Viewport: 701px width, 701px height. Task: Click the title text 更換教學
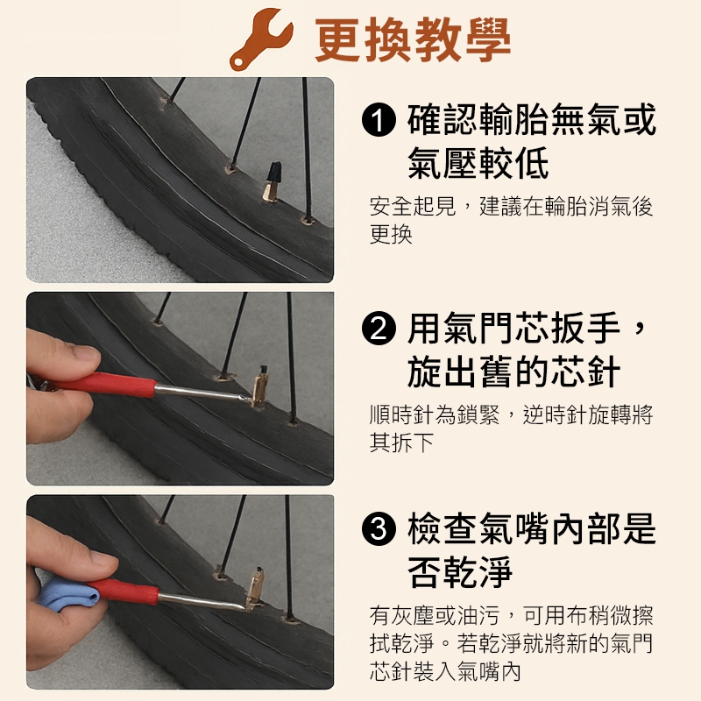[x=413, y=40]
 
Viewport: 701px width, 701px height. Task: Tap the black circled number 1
[x=379, y=119]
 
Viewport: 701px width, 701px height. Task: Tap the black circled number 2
[x=379, y=328]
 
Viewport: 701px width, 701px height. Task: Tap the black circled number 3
[x=379, y=528]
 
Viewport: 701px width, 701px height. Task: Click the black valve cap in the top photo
[x=274, y=172]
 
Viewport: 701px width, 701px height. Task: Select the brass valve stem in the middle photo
[x=259, y=386]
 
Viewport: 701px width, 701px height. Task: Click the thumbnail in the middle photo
[x=85, y=352]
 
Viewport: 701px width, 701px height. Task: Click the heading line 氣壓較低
[x=478, y=163]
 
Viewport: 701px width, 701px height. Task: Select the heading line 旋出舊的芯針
[x=513, y=371]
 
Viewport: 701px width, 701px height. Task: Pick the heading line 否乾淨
[x=460, y=571]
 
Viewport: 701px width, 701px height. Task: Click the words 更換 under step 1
[x=391, y=234]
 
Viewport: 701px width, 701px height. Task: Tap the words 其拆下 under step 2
[x=401, y=443]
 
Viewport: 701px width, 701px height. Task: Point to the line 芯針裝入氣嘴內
[x=445, y=671]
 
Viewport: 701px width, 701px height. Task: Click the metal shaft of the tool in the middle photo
[x=202, y=393]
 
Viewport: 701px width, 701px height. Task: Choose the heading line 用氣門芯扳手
[x=513, y=328]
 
